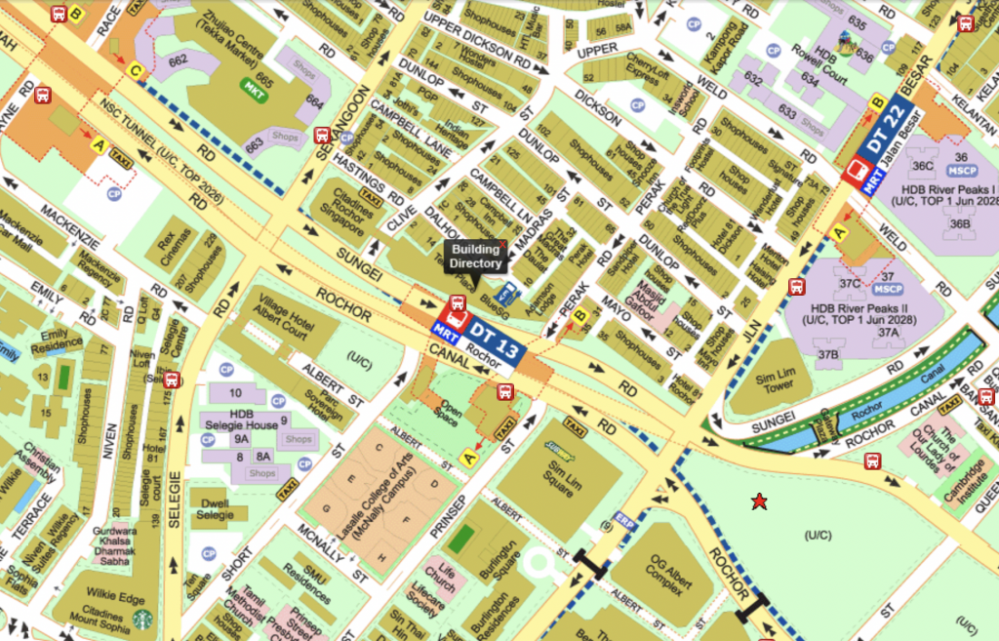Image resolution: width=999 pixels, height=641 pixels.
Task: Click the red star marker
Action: [758, 501]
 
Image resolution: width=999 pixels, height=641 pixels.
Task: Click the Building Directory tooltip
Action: [476, 257]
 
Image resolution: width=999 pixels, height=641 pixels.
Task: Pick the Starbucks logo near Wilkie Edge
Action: [143, 619]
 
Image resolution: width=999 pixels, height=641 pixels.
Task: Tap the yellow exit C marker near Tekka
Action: [136, 70]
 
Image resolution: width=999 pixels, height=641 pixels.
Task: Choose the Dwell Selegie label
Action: [216, 509]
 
